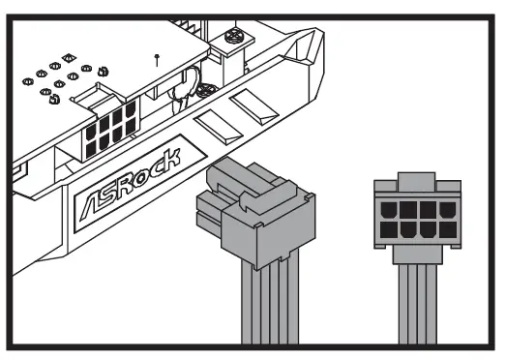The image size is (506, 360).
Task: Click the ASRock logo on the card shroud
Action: point(131,185)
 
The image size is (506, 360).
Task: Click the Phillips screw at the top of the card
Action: point(235,35)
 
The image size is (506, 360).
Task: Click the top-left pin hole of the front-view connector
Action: point(389,210)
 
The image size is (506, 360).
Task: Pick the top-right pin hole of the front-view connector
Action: point(448,210)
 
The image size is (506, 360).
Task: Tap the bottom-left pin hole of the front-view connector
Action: point(389,230)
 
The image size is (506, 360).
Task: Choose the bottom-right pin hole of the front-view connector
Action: point(448,230)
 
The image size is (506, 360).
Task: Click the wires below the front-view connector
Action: point(418,304)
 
